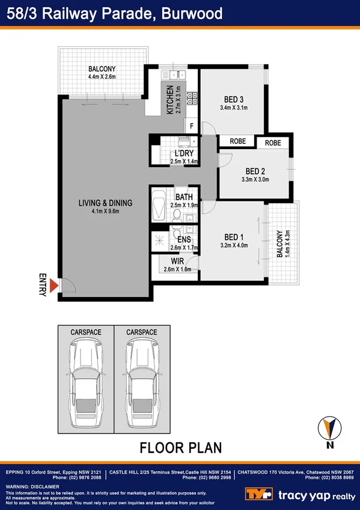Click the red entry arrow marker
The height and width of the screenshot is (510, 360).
(53, 286)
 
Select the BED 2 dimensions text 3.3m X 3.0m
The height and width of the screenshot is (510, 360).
(255, 179)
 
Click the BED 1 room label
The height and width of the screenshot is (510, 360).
(234, 236)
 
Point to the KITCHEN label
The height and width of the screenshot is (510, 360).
(170, 100)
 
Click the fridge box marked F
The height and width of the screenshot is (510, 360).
(192, 126)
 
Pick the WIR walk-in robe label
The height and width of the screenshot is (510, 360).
(177, 261)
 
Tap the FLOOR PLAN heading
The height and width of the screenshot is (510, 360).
(180, 447)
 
